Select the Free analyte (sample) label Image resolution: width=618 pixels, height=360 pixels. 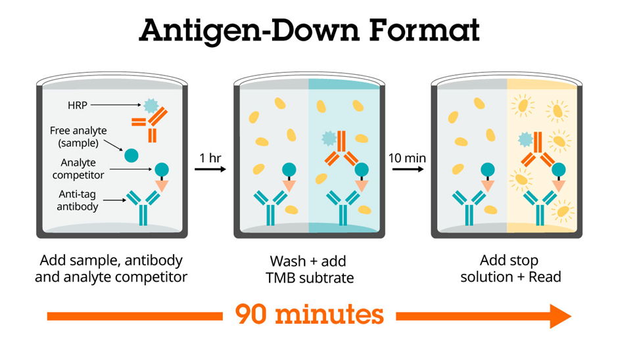point(78,137)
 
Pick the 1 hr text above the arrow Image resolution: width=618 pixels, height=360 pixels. point(211,158)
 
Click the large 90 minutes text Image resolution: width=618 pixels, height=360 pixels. point(309,313)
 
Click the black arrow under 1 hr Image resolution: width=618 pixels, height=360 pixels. point(210,169)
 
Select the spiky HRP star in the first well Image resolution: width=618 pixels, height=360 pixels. point(151,105)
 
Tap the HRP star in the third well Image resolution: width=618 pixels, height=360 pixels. point(525,139)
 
